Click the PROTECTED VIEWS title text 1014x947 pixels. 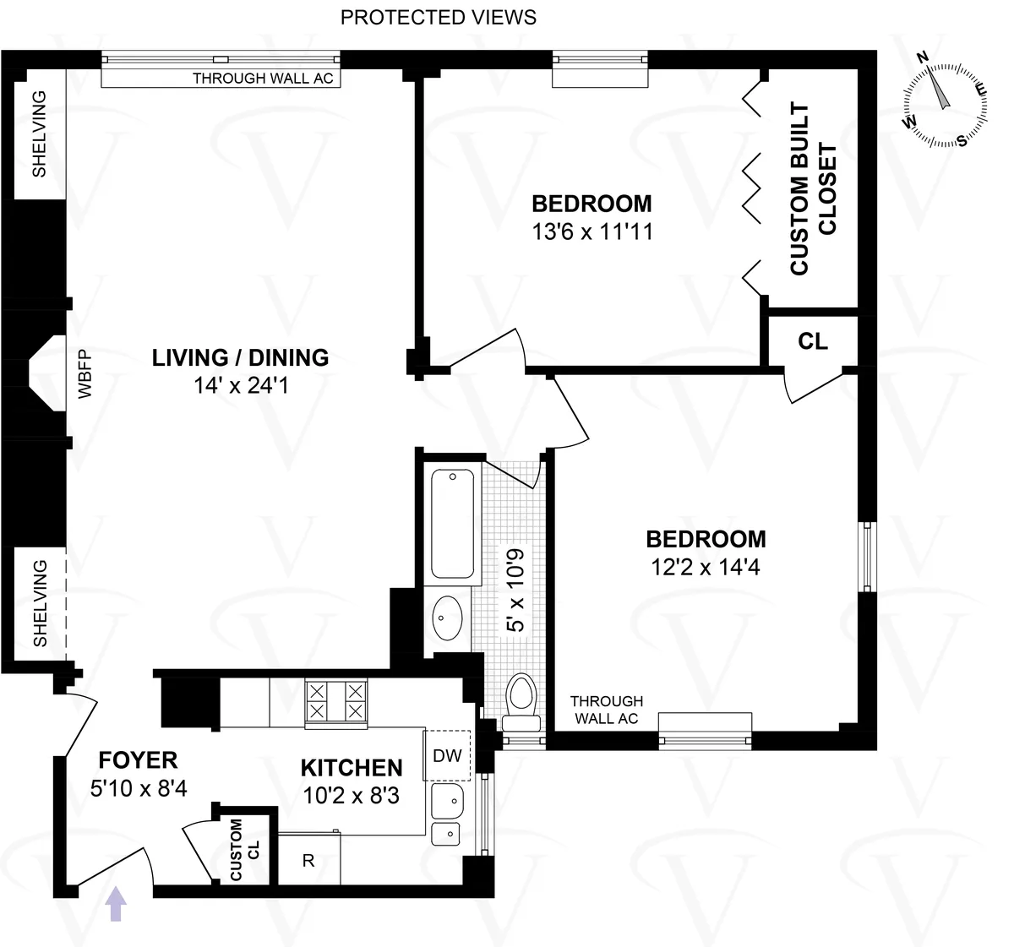438,17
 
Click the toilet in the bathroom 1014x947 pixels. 521,701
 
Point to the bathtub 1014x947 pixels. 453,524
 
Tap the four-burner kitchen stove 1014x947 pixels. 335,702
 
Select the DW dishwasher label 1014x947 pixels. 447,755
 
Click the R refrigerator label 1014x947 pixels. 308,861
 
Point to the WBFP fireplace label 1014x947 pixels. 84,373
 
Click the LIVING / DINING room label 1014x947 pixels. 240,357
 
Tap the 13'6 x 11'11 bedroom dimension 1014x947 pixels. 592,231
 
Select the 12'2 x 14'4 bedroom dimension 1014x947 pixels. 706,567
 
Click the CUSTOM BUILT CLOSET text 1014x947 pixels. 813,189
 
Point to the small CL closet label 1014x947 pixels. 813,341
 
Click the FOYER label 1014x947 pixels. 138,760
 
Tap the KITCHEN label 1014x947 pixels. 352,768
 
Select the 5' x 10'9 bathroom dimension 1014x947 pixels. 515,590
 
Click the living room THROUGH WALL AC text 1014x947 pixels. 263,79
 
